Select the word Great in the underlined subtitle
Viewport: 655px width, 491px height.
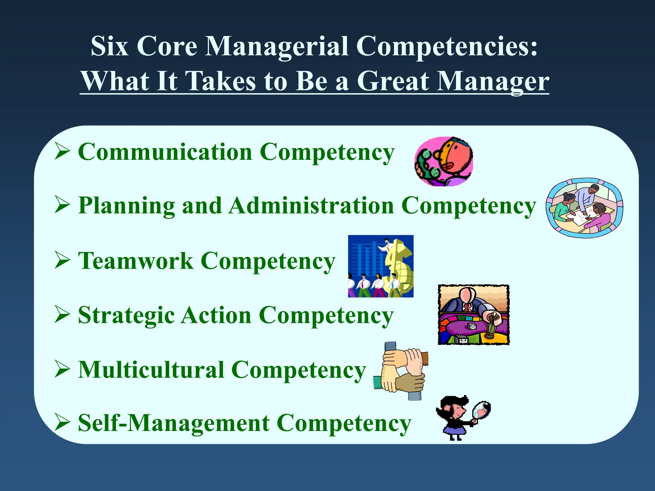coord(393,81)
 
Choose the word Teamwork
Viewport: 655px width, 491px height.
coord(136,261)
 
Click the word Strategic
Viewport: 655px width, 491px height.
coord(126,316)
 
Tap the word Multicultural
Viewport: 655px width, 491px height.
coord(151,370)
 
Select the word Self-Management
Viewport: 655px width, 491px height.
coord(174,423)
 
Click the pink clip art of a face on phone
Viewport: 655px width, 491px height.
coord(444,162)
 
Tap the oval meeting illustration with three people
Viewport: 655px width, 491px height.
coord(584,208)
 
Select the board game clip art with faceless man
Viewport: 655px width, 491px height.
coord(473,315)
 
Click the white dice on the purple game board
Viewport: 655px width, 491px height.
coord(472,326)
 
